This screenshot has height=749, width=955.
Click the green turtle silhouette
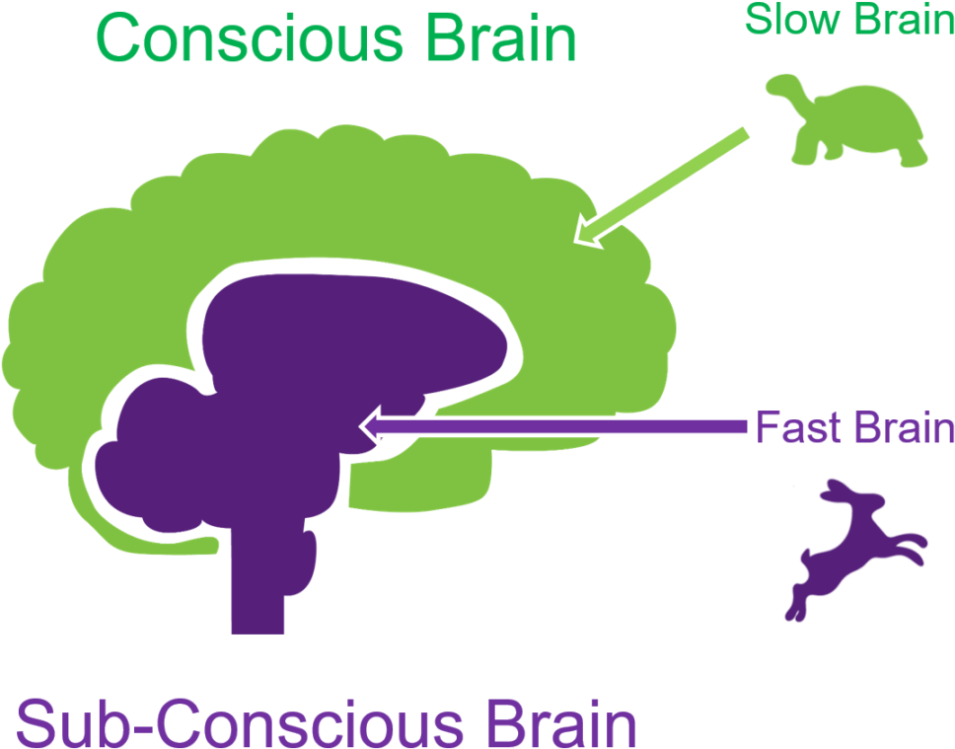(x=848, y=123)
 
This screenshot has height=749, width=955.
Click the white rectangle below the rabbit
(x=882, y=621)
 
